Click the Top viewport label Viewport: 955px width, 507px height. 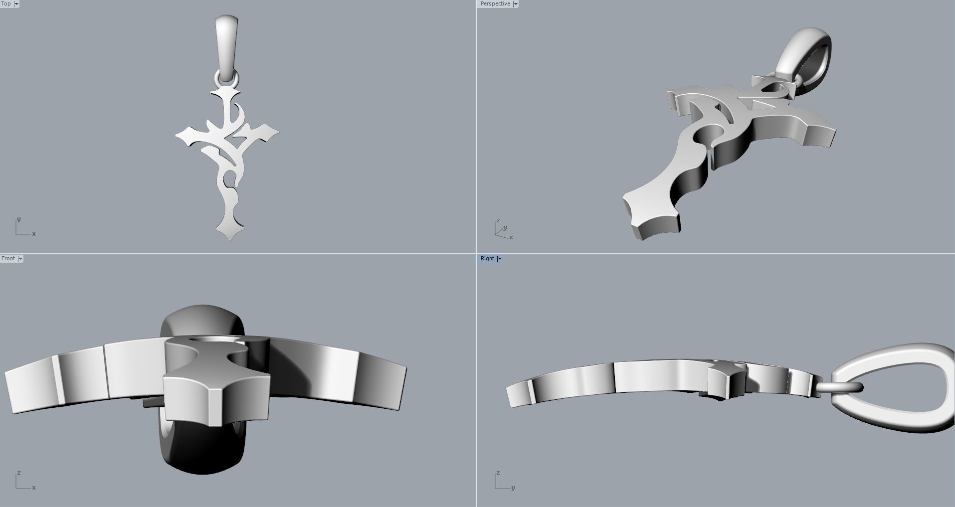tap(6, 3)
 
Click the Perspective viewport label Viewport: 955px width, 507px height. tap(495, 3)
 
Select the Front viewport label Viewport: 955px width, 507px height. tap(8, 258)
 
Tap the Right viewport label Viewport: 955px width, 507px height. tap(487, 258)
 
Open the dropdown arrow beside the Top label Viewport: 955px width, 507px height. tap(16, 4)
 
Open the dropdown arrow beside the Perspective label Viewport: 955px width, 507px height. tap(516, 4)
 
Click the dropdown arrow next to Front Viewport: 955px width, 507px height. tap(20, 259)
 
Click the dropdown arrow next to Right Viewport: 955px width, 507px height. tap(499, 259)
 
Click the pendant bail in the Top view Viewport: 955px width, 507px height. tap(227, 45)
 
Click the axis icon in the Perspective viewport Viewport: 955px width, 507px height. tap(503, 230)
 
